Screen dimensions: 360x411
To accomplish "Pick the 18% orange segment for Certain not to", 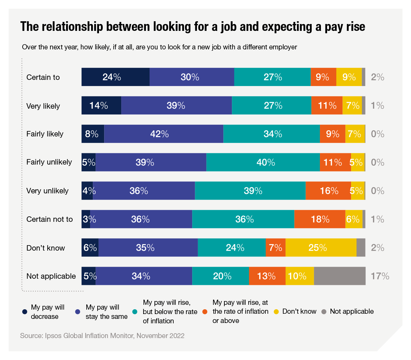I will pyautogui.click(x=320, y=219).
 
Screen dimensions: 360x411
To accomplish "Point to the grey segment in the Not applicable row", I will pyautogui.click(x=339, y=276).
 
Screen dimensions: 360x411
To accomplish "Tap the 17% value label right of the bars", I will pyautogui.click(x=380, y=276).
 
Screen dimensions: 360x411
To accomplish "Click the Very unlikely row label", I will pyautogui.click(x=47, y=191).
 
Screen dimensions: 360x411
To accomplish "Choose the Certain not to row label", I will pyautogui.click(x=49, y=219).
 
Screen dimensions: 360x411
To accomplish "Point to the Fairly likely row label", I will pyautogui.click(x=45, y=134).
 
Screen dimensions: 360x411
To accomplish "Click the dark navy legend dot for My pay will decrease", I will pyautogui.click(x=25, y=312).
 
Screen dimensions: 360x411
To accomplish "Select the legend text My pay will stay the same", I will pyautogui.click(x=107, y=312).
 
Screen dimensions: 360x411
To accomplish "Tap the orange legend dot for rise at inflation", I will pyautogui.click(x=205, y=312).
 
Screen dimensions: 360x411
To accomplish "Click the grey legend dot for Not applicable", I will pyautogui.click(x=324, y=312).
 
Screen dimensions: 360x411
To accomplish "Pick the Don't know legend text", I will pyautogui.click(x=299, y=311).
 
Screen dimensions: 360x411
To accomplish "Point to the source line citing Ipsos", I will pyautogui.click(x=102, y=336).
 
